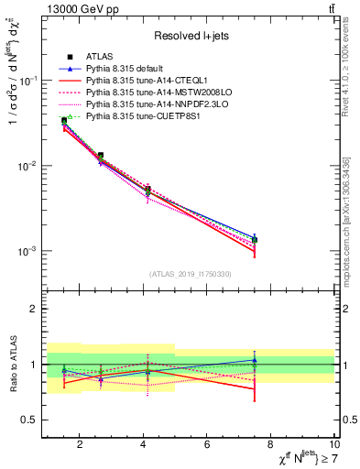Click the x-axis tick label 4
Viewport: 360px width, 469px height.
pyautogui.click(x=144, y=446)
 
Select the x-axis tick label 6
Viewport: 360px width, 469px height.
pyautogui.click(x=208, y=446)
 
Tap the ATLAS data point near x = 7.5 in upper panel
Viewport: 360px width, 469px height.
pyautogui.click(x=255, y=239)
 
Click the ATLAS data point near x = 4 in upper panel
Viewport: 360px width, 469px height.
pyautogui.click(x=147, y=190)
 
